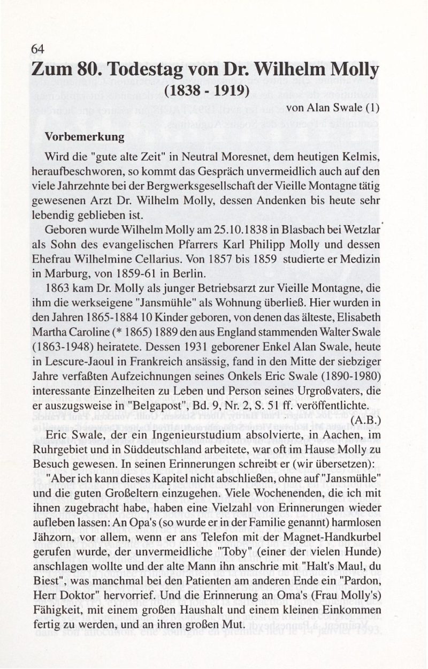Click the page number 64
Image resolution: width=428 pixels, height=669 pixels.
tap(37, 49)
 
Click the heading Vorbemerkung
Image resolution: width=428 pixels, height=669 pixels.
tap(85, 136)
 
